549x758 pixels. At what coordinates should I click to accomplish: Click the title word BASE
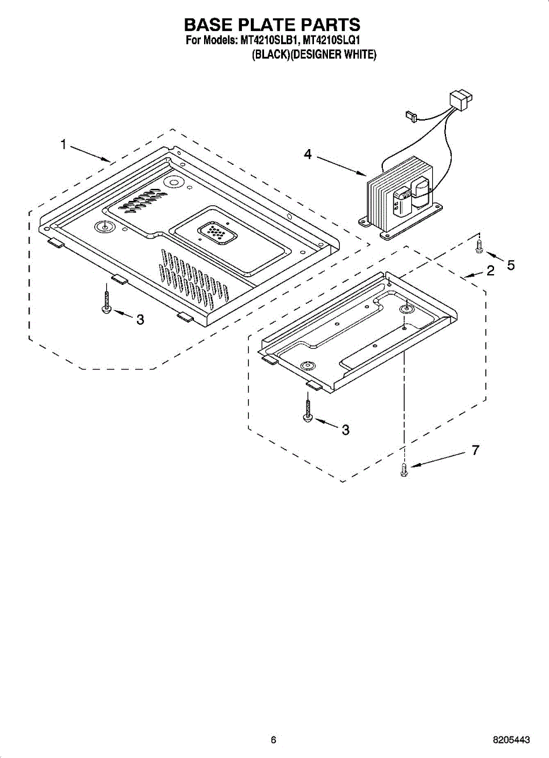click(212, 25)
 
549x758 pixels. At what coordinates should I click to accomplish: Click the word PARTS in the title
click(331, 25)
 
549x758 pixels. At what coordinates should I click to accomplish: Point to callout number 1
click(63, 145)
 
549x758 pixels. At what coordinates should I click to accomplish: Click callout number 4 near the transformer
click(308, 154)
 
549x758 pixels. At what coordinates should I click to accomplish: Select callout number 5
click(510, 265)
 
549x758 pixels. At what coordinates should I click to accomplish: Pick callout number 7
click(475, 450)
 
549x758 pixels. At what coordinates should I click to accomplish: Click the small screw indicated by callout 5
click(480, 246)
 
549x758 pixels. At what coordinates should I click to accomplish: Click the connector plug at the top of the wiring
click(459, 100)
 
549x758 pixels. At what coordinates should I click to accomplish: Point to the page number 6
click(274, 740)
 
